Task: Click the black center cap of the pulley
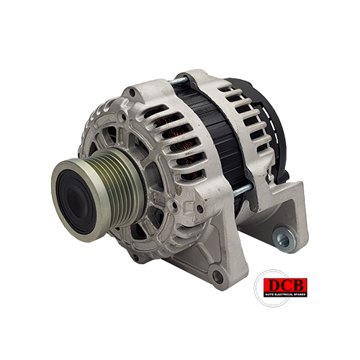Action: click(76, 201)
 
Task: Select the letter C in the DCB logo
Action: click(286, 286)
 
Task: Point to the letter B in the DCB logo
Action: click(298, 286)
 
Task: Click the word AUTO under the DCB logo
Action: click(269, 294)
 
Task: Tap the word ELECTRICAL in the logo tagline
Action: click(283, 294)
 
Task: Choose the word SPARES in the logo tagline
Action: click(300, 294)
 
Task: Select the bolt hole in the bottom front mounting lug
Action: click(217, 276)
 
